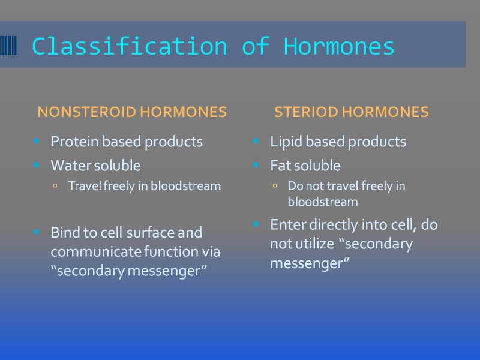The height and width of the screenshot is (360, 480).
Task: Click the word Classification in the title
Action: click(x=130, y=47)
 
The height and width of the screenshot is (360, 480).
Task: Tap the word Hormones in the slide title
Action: click(x=339, y=47)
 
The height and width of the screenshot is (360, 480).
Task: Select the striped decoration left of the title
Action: click(x=8, y=46)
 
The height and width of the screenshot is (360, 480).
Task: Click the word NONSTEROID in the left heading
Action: click(x=87, y=112)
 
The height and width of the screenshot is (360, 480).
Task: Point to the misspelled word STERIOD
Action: click(x=306, y=112)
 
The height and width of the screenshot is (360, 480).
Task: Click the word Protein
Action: click(x=74, y=142)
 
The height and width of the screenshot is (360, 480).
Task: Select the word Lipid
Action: click(x=286, y=142)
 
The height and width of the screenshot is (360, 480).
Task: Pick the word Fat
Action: click(x=281, y=166)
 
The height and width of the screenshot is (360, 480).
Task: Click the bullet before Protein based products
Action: click(x=37, y=141)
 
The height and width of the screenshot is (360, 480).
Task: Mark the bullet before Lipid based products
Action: click(x=256, y=141)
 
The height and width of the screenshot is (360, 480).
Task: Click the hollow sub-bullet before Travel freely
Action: click(x=55, y=186)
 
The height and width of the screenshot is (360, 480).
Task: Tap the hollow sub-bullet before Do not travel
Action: click(x=275, y=186)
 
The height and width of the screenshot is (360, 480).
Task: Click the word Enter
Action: click(x=288, y=224)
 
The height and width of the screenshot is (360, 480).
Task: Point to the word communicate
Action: click(x=96, y=251)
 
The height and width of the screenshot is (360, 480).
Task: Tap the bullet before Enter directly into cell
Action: click(x=256, y=224)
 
